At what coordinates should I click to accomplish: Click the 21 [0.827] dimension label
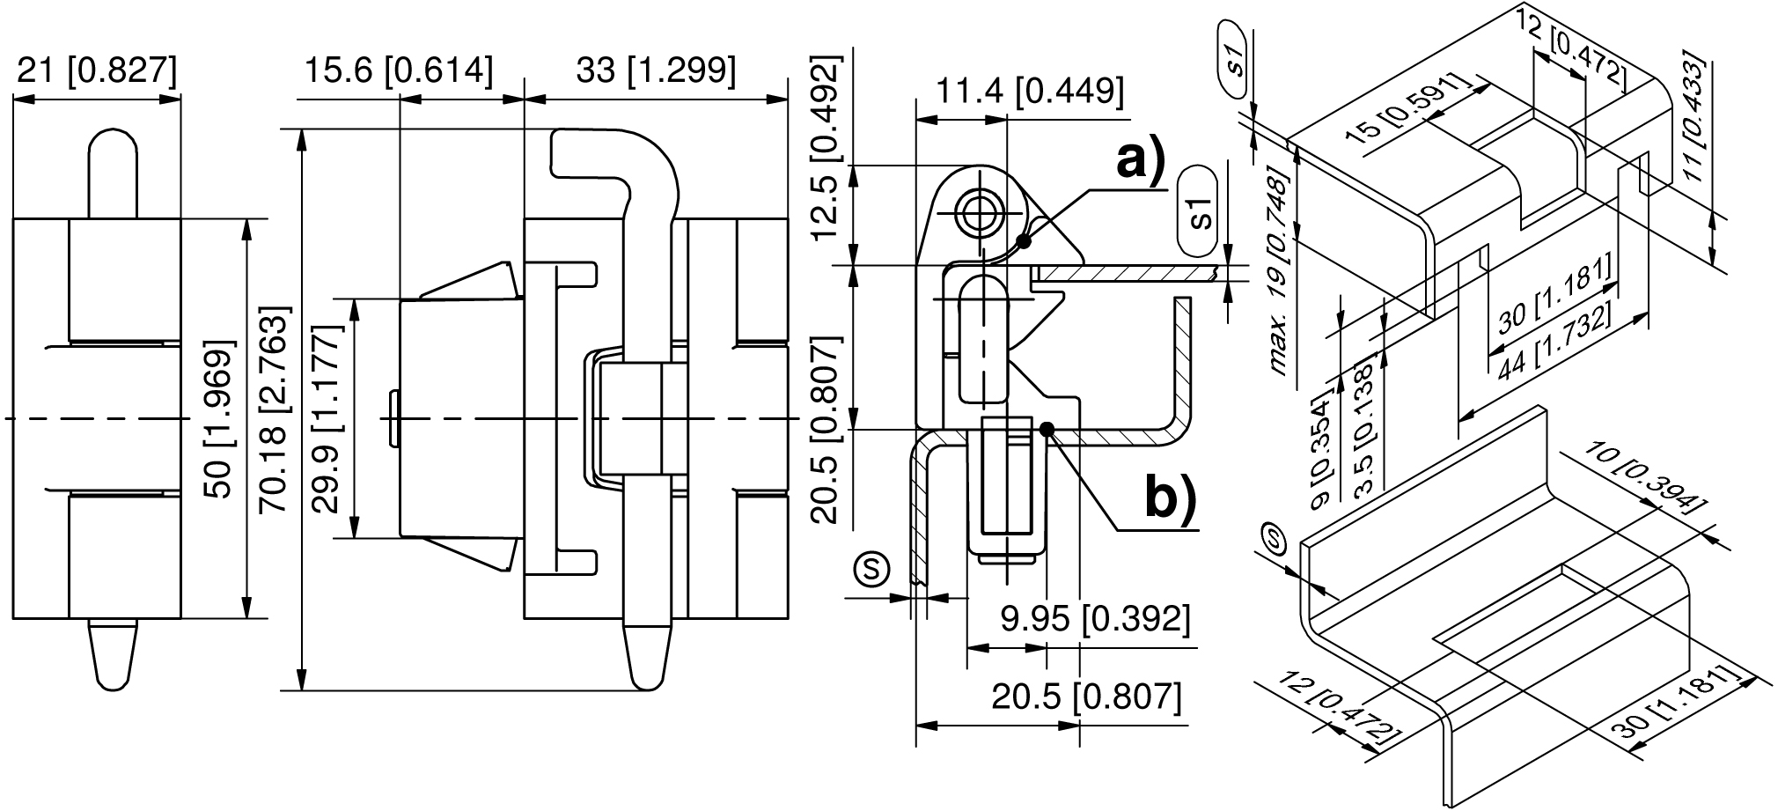[x=97, y=70]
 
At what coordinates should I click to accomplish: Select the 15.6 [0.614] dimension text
[x=398, y=70]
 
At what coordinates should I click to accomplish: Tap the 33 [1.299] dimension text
[x=656, y=70]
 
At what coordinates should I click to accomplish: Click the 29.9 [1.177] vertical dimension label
[x=327, y=418]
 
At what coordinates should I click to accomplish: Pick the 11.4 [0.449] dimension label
[x=1020, y=90]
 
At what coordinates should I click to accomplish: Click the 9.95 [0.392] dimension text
[x=1096, y=619]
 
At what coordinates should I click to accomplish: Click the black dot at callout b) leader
[x=1047, y=429]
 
